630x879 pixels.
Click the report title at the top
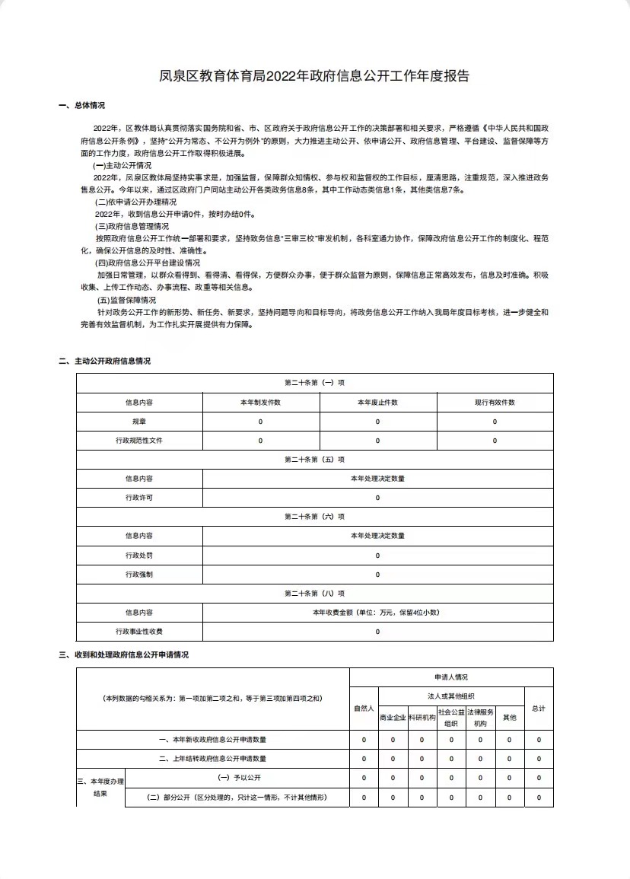point(314,76)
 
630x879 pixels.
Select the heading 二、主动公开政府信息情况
point(104,361)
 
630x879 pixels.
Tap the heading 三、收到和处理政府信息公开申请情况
point(123,654)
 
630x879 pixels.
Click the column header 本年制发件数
point(260,402)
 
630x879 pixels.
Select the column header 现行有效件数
point(495,402)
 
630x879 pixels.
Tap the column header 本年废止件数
point(377,402)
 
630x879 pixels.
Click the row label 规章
point(139,421)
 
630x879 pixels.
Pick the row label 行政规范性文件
point(139,441)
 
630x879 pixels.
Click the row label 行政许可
point(139,498)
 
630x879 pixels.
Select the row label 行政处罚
point(139,555)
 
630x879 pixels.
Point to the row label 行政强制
point(139,574)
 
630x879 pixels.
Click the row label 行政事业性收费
point(139,632)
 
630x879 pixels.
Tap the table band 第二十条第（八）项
point(314,593)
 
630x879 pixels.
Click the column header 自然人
point(364,709)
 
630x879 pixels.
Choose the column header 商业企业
point(393,717)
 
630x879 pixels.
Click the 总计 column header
point(539,709)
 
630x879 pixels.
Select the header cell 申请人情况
point(451,677)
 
